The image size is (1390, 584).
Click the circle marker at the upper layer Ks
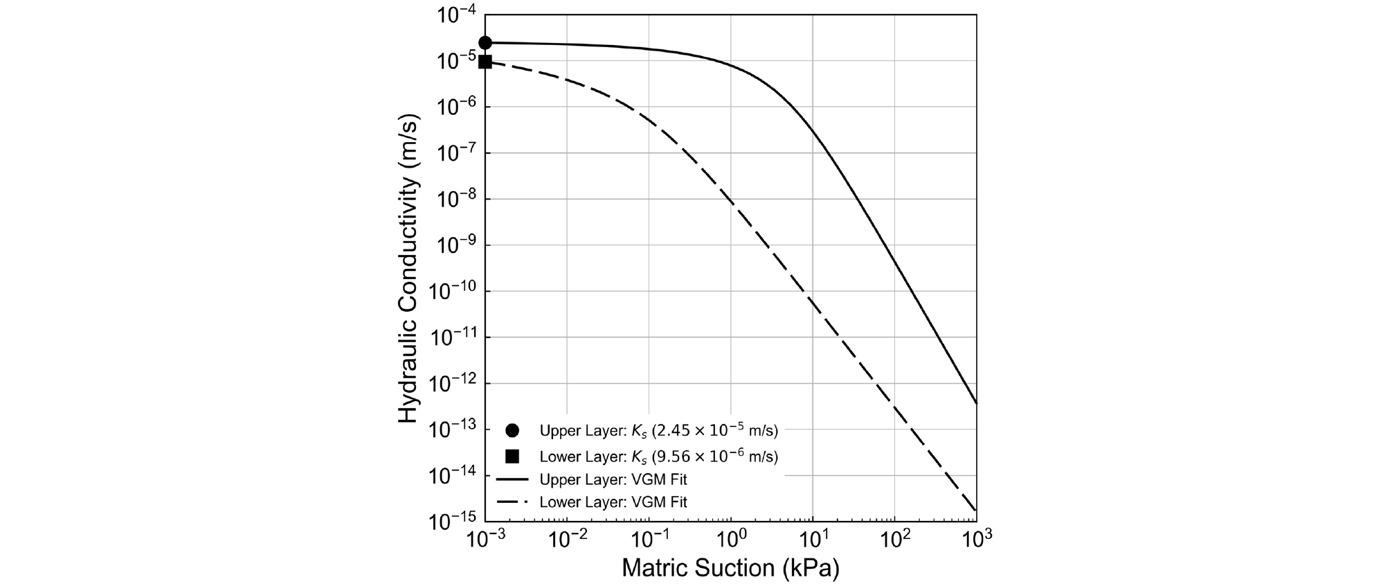tap(485, 43)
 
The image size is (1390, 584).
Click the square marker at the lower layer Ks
tap(485, 62)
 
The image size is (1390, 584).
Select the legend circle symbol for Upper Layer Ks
tap(512, 430)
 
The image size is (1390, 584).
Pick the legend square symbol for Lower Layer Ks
tap(512, 456)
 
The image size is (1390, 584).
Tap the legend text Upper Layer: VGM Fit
tap(613, 479)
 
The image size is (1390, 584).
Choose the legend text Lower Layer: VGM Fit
tap(613, 502)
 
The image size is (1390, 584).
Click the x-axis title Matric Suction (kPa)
tap(730, 568)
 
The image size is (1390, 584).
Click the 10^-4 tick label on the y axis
tap(456, 15)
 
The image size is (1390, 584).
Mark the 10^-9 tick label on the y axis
tap(456, 246)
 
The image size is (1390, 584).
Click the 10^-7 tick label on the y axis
tap(456, 154)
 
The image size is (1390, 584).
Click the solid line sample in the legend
tap(512, 479)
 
